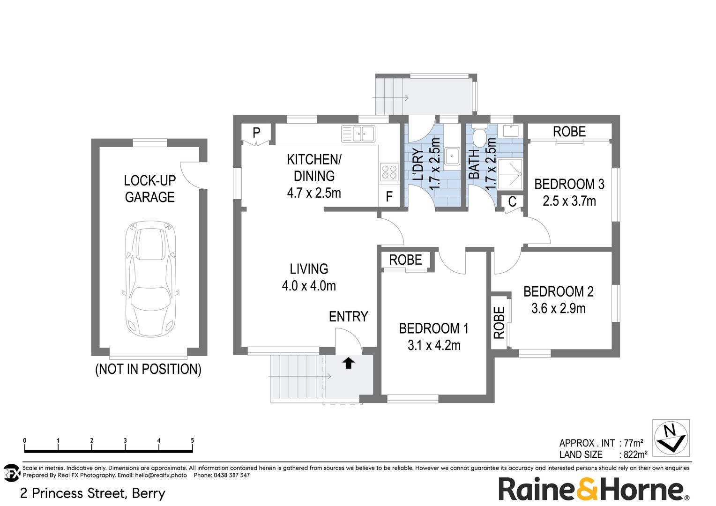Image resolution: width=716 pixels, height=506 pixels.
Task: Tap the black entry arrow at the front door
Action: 348,363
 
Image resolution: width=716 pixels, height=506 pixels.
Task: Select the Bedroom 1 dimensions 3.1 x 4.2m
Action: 434,345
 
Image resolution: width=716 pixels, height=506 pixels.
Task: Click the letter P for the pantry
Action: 256,133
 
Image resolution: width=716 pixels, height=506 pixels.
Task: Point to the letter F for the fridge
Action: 389,197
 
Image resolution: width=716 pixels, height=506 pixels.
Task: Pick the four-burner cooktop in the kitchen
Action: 389,171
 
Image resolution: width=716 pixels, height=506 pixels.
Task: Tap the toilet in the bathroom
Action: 479,138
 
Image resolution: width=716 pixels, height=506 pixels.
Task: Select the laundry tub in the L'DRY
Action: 452,156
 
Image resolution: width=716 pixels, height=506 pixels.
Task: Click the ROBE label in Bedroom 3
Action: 569,132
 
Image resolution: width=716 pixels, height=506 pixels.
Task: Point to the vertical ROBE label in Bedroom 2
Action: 500,322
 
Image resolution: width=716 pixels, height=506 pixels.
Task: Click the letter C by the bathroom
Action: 512,201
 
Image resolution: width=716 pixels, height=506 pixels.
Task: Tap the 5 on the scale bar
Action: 193,441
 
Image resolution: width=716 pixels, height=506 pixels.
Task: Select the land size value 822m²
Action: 635,454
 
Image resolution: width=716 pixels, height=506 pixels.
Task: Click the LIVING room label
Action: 309,269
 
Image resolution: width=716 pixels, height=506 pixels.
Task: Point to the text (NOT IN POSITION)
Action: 148,369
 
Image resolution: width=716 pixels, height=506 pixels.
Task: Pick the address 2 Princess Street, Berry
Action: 93,493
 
